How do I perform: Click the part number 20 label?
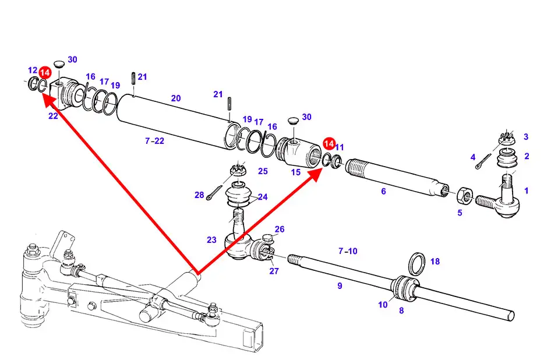click(176, 98)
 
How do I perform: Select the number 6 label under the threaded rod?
click(383, 190)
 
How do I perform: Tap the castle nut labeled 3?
click(506, 139)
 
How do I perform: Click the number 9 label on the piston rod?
click(339, 285)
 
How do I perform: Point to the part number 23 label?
click(211, 239)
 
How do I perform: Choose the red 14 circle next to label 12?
click(45, 73)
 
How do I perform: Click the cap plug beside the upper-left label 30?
click(58, 63)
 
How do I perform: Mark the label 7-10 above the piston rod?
click(348, 251)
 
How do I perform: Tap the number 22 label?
click(53, 116)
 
